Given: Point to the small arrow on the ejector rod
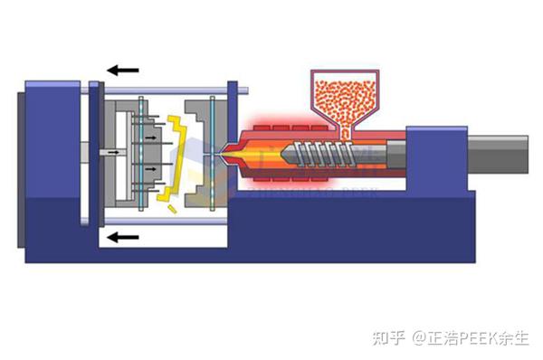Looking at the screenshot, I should click(113, 154).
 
